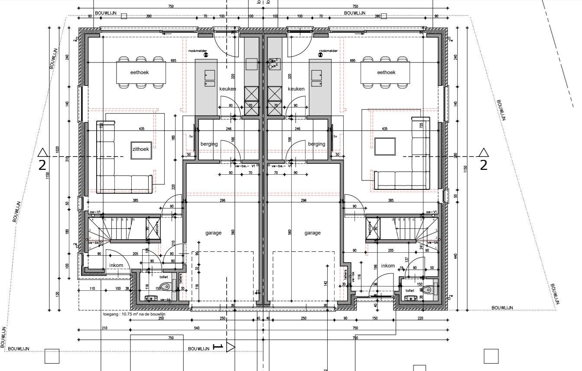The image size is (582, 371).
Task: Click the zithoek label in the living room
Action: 140,149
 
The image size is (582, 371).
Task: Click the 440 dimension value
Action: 455,256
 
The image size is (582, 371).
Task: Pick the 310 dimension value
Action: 68,159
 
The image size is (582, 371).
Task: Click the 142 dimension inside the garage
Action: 325,283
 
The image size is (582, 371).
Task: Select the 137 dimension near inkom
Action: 406,260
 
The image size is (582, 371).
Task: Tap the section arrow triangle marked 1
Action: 230,347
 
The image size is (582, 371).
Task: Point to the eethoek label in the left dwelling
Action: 140,72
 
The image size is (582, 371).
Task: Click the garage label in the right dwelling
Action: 312,233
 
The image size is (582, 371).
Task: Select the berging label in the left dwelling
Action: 209,144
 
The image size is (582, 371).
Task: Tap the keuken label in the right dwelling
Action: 296,89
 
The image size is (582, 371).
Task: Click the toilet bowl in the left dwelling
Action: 166,286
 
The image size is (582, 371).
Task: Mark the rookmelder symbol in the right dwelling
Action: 321,55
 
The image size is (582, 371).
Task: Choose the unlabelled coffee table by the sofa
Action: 385,146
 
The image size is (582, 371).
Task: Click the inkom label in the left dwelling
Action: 116,266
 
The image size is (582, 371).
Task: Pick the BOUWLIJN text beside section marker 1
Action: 198,348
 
